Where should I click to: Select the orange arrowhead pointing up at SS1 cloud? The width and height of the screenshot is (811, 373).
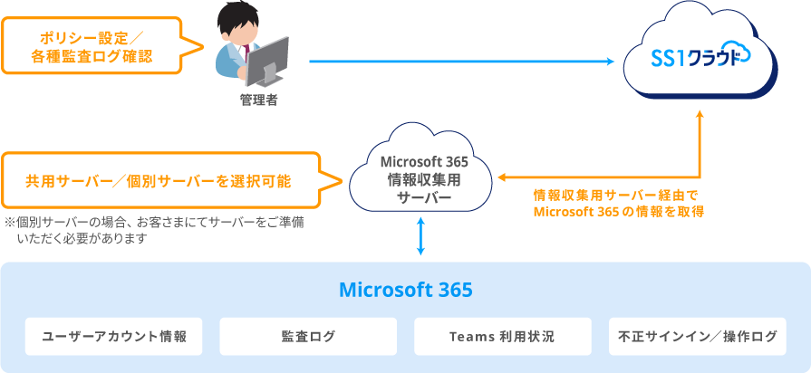click(x=700, y=116)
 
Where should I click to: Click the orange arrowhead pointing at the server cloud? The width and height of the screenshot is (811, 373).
click(x=501, y=177)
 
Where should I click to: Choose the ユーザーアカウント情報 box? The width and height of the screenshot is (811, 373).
click(x=114, y=337)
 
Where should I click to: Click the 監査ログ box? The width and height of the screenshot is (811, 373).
click(x=308, y=337)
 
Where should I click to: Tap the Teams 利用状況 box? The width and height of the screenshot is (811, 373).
click(x=502, y=337)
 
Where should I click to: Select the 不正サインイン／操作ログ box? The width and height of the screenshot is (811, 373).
click(x=697, y=337)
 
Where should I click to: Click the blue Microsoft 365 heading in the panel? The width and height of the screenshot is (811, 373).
click(x=405, y=291)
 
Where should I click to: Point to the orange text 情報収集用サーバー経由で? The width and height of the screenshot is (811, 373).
click(x=616, y=195)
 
